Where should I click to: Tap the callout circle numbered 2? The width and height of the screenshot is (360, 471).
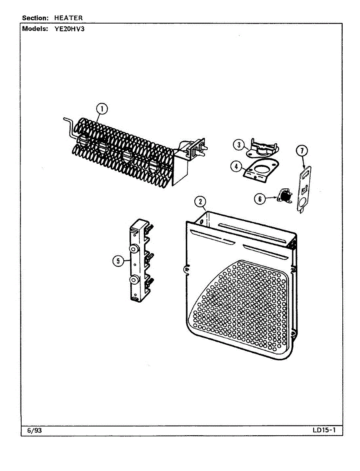[x=200, y=202]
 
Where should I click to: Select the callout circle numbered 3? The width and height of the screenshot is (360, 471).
[x=238, y=145]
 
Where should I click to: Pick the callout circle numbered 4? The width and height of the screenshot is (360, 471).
[x=236, y=166]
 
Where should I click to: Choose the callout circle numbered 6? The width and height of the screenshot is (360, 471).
[x=259, y=199]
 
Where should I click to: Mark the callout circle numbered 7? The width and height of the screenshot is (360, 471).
[x=302, y=150]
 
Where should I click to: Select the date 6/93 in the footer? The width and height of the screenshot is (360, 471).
[x=35, y=431]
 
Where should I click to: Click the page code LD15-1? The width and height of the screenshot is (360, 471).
[x=324, y=431]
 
